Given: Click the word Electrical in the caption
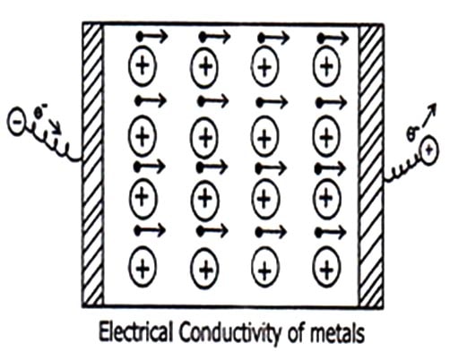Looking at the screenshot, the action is pyautogui.click(x=135, y=332).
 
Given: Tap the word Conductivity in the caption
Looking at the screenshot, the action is pyautogui.click(x=230, y=334).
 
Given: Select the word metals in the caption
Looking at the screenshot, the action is pyautogui.click(x=337, y=332).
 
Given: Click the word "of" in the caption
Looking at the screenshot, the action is pyautogui.click(x=297, y=332).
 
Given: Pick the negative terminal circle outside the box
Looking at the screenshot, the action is pyautogui.click(x=15, y=123).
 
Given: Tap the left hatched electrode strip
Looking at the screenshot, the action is pyautogui.click(x=92, y=165).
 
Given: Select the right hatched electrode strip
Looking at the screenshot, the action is pyautogui.click(x=371, y=165).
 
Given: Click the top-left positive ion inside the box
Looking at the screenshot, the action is pyautogui.click(x=143, y=65).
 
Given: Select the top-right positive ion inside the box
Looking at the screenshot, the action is pyautogui.click(x=326, y=66).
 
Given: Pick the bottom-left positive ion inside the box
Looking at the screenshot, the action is pyautogui.click(x=143, y=267).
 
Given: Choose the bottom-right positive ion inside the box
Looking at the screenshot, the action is pyautogui.click(x=326, y=268).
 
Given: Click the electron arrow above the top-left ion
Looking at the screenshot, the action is pyautogui.click(x=152, y=37).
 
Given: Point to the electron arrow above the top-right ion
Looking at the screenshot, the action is pyautogui.click(x=333, y=39).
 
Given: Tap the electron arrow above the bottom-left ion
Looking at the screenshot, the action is pyautogui.click(x=150, y=230).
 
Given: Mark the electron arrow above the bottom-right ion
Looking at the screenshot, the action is pyautogui.click(x=332, y=232).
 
